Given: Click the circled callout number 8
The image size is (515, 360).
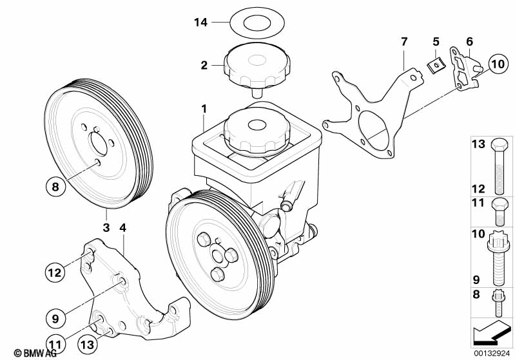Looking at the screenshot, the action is (55, 187).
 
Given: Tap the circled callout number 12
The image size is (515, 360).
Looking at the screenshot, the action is (55, 272).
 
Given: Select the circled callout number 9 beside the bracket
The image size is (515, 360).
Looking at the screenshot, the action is (55, 318).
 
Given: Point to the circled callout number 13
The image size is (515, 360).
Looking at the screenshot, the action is (88, 345).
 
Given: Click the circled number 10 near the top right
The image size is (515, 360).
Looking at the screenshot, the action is (498, 64).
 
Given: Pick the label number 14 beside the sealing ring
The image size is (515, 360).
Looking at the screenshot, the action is (201, 23).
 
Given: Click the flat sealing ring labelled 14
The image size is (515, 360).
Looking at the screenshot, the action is (257, 23).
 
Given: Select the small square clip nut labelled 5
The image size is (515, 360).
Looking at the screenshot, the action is (436, 65).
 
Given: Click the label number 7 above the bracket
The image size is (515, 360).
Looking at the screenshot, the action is (404, 42).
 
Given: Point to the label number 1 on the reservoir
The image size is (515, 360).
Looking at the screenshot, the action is (204, 108).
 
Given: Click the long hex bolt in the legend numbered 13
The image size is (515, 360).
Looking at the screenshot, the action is (500, 167).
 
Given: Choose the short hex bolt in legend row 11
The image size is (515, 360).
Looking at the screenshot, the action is (500, 212).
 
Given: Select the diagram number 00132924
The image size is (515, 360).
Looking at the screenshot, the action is (492, 353).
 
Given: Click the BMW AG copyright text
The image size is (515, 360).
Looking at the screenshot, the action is (35, 353).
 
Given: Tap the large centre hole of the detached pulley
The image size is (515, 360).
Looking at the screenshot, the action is (99, 144).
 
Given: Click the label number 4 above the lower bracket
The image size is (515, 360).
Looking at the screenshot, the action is (123, 227).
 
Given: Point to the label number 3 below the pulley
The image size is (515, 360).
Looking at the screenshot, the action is (106, 227).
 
